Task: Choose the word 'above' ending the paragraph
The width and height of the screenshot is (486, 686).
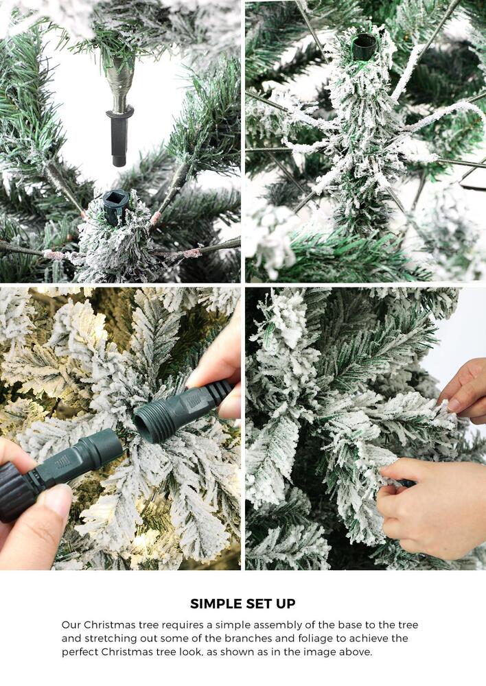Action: (355, 652)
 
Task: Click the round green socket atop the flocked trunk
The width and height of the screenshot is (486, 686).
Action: (363, 47)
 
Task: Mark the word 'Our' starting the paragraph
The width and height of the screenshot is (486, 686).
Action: (71, 625)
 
